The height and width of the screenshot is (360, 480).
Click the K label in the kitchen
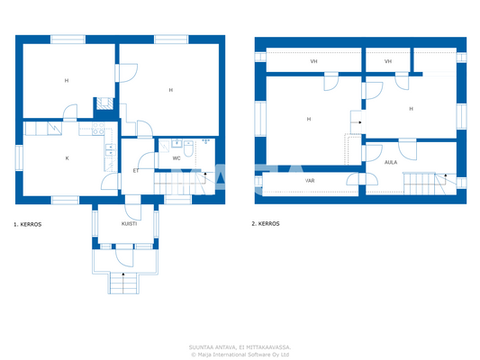(x=67, y=157)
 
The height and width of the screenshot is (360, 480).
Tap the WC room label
(x=177, y=157)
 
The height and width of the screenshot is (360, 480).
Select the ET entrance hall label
(x=136, y=169)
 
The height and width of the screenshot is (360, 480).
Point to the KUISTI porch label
(x=129, y=222)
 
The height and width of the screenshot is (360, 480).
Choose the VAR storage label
(x=309, y=180)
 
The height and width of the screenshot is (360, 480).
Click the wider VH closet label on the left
(x=313, y=61)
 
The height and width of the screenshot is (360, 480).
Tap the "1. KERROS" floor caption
(x=28, y=223)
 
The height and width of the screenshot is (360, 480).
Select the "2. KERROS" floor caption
(x=267, y=223)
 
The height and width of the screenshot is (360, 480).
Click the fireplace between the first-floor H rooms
(x=104, y=103)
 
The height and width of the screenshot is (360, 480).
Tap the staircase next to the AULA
(x=420, y=183)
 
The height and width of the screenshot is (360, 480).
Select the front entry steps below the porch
(x=123, y=283)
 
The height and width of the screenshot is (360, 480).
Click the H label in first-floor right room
(x=170, y=90)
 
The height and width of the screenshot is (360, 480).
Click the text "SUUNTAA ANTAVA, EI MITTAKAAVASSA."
(x=240, y=346)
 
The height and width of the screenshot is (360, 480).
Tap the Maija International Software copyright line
(x=240, y=354)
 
